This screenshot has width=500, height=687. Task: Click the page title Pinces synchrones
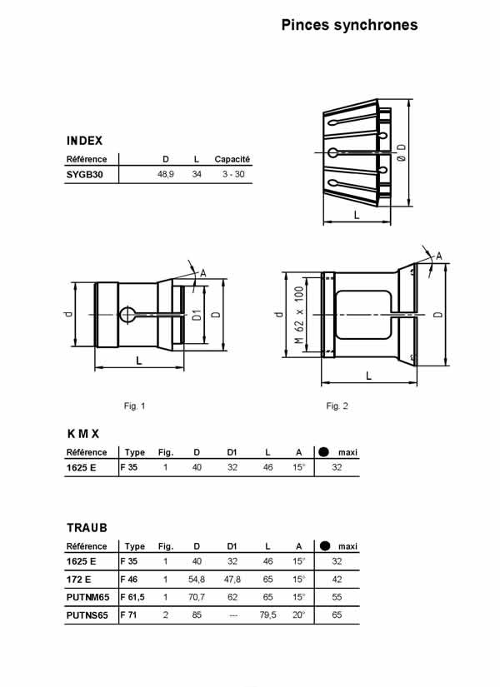[x=349, y=25]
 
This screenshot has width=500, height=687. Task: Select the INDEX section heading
[x=85, y=141]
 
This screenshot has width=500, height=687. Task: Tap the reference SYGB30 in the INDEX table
[x=85, y=174]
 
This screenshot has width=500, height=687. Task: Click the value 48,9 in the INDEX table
[x=165, y=174]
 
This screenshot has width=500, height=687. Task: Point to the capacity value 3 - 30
[x=233, y=174]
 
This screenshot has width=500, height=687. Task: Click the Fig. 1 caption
[x=134, y=406]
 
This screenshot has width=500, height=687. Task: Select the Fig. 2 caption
[x=337, y=406]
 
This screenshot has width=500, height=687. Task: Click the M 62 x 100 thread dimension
[x=299, y=315]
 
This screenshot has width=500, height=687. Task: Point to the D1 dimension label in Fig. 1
[x=197, y=315]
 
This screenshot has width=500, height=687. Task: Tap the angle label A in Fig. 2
[x=438, y=256]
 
